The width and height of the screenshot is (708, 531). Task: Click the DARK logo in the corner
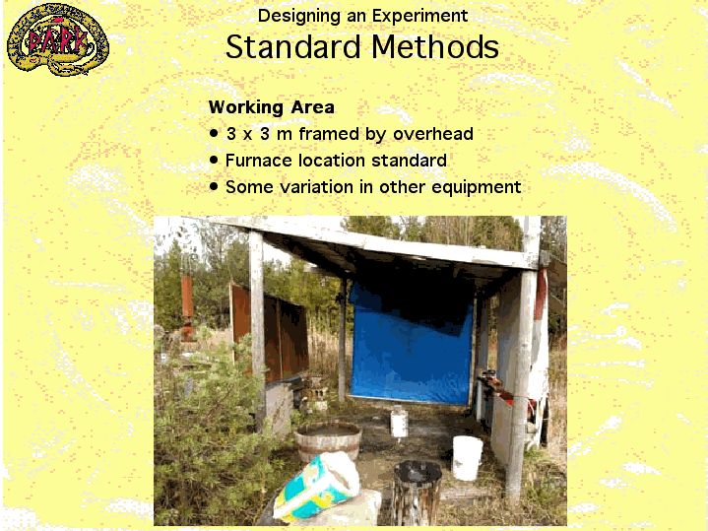tap(58, 39)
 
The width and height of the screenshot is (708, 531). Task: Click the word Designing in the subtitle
tap(298, 17)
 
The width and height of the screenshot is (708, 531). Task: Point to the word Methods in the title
tap(435, 47)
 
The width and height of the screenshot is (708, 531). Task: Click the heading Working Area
tap(272, 107)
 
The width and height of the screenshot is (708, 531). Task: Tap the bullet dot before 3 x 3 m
tap(214, 133)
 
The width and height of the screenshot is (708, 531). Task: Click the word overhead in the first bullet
tap(433, 134)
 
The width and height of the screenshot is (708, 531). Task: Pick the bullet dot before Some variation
tap(214, 186)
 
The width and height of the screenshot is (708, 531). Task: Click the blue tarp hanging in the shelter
tap(412, 346)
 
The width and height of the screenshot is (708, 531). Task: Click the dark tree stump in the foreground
tap(417, 493)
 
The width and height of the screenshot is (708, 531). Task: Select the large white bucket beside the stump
tap(468, 457)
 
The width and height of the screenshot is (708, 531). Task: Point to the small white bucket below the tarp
tap(399, 422)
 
